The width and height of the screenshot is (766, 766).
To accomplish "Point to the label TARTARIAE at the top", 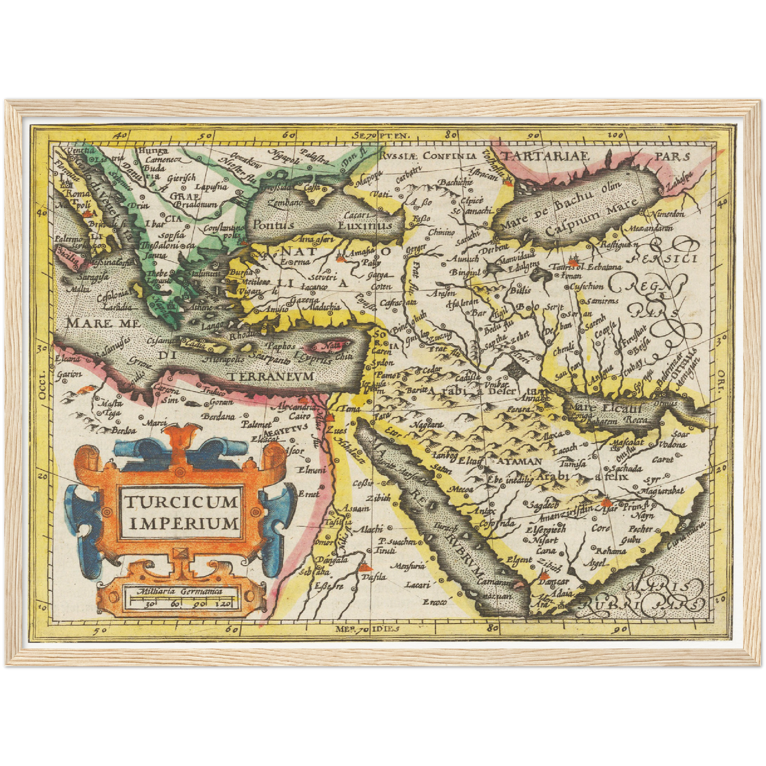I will pos(545,156).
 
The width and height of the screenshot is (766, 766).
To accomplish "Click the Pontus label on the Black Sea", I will pos(272,225).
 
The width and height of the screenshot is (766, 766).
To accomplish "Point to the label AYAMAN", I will pos(518,461).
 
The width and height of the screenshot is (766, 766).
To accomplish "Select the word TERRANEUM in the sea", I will pos(271,376).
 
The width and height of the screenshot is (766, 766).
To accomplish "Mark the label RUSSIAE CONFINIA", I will pos(428,156).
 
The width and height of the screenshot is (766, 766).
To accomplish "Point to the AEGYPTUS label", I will pos(288,428).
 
